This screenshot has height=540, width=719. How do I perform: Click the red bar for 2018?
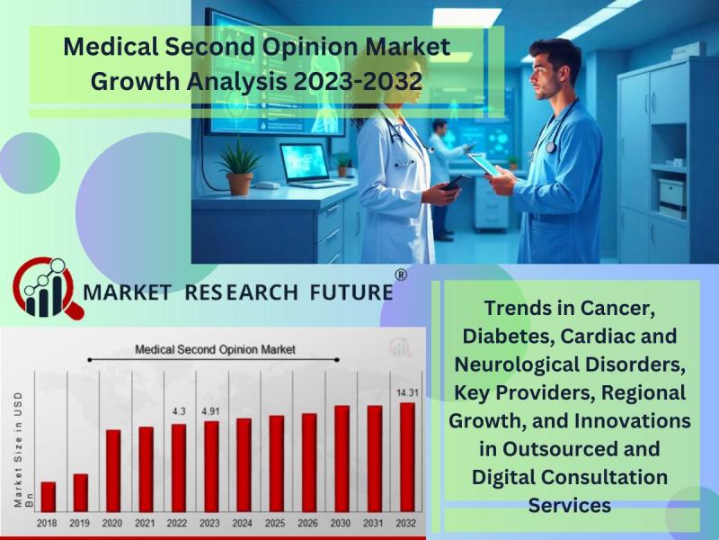click(49, 497)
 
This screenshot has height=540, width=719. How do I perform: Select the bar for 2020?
click(113, 471)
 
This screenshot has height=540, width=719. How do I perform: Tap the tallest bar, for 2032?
click(407, 457)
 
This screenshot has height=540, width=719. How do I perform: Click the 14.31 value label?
click(407, 392)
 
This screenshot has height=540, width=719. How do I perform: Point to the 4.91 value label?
click(210, 411)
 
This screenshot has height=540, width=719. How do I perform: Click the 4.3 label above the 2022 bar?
click(179, 411)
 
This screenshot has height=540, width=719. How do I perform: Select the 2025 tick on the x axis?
click(275, 523)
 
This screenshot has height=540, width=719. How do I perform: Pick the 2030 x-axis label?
click(341, 523)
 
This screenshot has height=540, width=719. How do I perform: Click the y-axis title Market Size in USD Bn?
click(24, 449)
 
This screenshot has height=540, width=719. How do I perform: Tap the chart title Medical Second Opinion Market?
click(215, 350)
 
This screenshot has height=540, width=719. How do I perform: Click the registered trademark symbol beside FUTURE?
click(401, 274)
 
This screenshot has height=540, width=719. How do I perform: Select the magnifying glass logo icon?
click(48, 288)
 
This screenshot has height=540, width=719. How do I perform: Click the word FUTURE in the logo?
click(351, 292)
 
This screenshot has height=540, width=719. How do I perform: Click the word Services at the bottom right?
click(570, 505)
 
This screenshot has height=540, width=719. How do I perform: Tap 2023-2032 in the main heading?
click(358, 81)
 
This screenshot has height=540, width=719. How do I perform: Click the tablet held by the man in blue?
click(484, 165)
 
